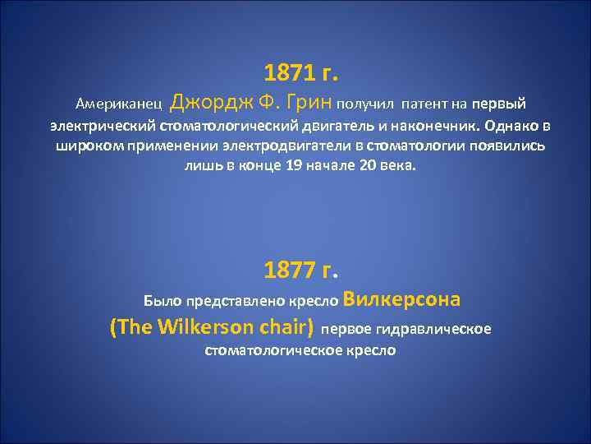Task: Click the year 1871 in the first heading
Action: coord(290,74)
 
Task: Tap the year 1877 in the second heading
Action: coord(290,270)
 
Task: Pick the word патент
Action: coord(423,104)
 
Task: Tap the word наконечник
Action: coord(425,127)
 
